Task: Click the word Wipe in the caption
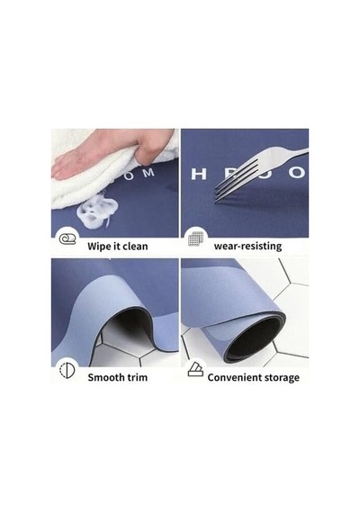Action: (x=97, y=247)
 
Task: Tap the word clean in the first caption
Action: (x=136, y=246)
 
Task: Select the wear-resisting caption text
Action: (x=247, y=246)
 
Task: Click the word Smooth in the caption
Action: (x=104, y=377)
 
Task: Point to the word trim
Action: (x=137, y=377)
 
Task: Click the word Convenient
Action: (x=234, y=377)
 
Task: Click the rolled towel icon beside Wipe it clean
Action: (x=67, y=239)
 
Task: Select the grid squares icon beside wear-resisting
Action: (x=196, y=238)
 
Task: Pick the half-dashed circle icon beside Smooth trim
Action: (x=67, y=371)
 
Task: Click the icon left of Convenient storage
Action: (x=195, y=369)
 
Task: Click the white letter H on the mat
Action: (x=199, y=174)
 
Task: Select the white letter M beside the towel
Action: (x=148, y=172)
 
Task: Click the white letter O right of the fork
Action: (x=297, y=173)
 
